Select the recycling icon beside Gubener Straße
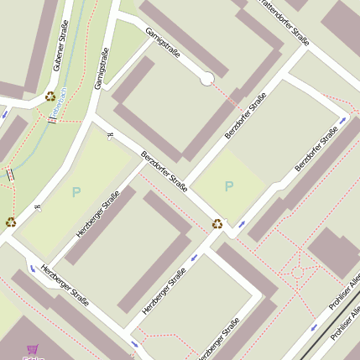pyautogui.click(x=50, y=97)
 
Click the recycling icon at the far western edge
pyautogui.click(x=10, y=222)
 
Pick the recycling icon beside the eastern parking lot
pyautogui.click(x=217, y=223)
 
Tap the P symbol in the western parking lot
pyautogui.click(x=76, y=192)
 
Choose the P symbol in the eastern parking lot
pyautogui.click(x=229, y=186)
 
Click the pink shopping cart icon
pyautogui.click(x=33, y=350)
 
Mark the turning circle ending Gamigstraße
pyautogui.click(x=206, y=79)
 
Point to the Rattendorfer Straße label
pyautogui.click(x=280, y=22)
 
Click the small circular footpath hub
pyautogui.click(x=296, y=272)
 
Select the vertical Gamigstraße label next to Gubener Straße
pyautogui.click(x=102, y=69)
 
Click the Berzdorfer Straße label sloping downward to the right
pyautogui.click(x=164, y=170)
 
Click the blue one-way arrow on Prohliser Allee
pyautogui.click(x=315, y=326)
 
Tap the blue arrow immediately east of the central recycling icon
pyautogui.click(x=242, y=224)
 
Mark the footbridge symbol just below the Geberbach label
pyautogui.click(x=53, y=120)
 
